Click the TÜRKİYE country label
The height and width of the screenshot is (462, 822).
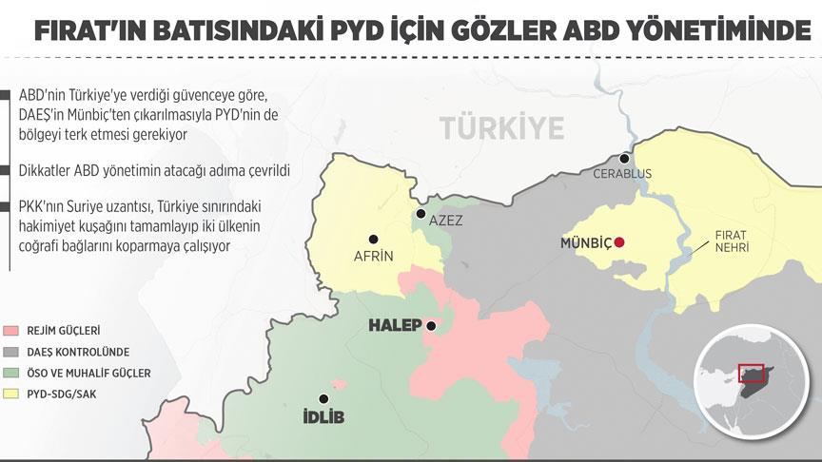pyautogui.click(x=502, y=126)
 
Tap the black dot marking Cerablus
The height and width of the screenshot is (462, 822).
pyautogui.click(x=625, y=159)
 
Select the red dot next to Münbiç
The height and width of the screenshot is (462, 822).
pyautogui.click(x=620, y=242)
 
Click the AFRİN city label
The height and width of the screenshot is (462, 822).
pyautogui.click(x=373, y=256)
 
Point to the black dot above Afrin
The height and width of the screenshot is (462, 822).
pyautogui.click(x=373, y=239)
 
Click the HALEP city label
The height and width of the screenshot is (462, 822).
pyautogui.click(x=395, y=326)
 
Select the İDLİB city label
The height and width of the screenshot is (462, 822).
pyautogui.click(x=324, y=417)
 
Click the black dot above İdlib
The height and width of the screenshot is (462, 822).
pyautogui.click(x=323, y=398)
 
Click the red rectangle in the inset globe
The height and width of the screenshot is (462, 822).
pyautogui.click(x=752, y=371)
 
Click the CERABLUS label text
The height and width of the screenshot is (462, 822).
pyautogui.click(x=622, y=175)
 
